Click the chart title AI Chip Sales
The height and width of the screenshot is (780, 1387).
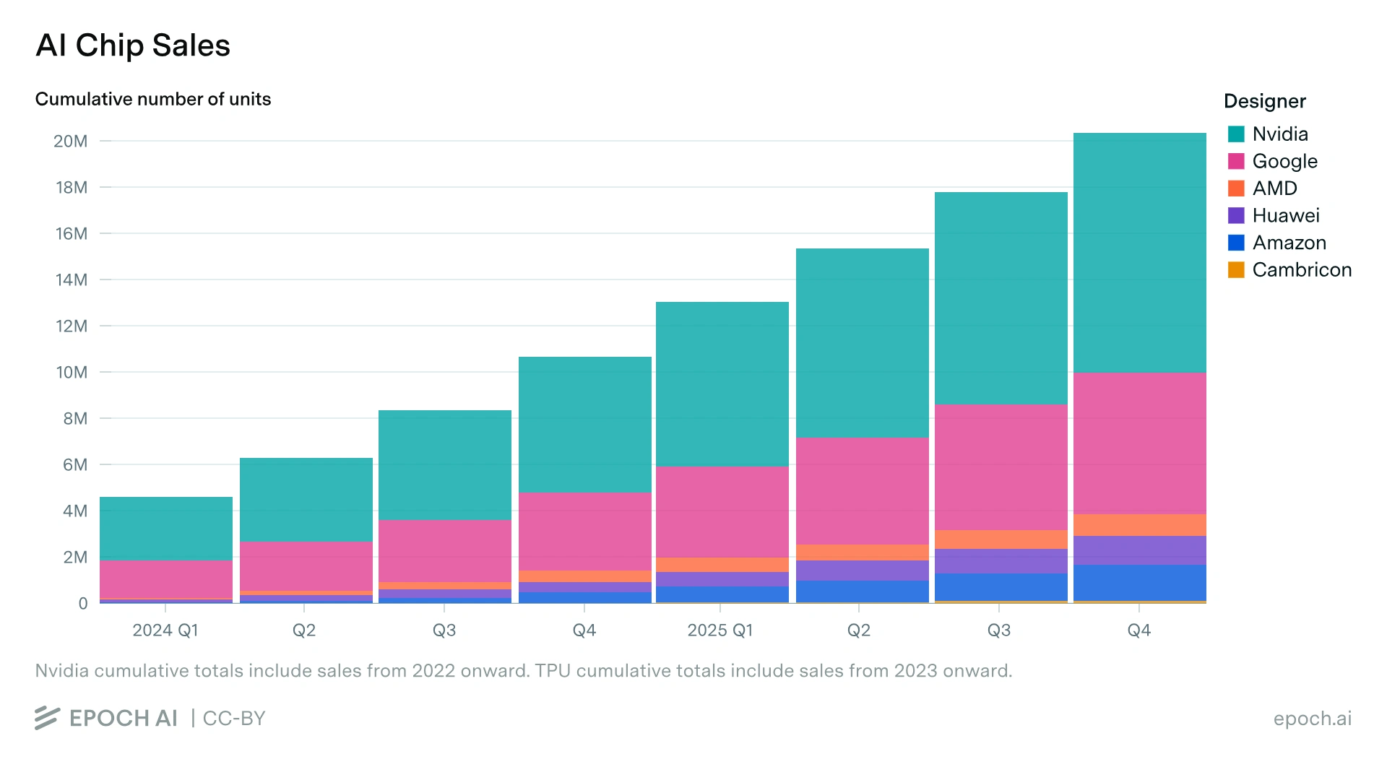point(133,45)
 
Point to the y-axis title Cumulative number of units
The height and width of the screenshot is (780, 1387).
point(153,99)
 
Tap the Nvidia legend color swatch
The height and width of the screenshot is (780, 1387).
point(1236,134)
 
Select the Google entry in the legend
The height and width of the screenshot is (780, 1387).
point(1273,161)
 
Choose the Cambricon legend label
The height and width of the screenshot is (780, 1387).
point(1302,269)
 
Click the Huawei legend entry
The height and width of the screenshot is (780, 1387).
point(1274,215)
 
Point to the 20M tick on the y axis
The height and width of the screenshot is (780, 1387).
point(71,141)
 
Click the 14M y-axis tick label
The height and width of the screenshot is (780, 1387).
point(72,279)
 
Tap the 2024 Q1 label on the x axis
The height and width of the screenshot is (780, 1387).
point(165,630)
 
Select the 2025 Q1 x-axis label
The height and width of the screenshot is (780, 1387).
point(720,630)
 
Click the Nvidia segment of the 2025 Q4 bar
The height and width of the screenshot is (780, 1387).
point(1140,253)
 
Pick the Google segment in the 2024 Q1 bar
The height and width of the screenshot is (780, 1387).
point(166,579)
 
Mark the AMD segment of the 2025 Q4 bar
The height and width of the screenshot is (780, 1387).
point(1140,525)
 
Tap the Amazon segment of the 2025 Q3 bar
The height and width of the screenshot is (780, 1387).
point(1001,587)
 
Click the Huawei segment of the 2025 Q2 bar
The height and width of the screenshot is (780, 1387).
point(863,571)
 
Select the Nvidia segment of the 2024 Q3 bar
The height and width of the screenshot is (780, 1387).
point(445,465)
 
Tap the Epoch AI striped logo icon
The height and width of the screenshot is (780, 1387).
point(47,718)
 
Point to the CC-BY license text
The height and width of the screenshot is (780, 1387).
point(234,719)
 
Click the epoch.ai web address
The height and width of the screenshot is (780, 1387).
point(1312,719)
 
